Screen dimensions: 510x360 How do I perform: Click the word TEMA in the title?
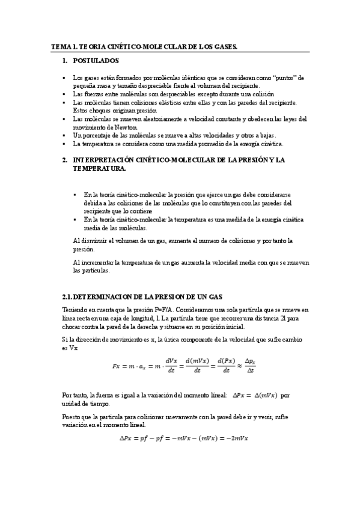tap(61, 46)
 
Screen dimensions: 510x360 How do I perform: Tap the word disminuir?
tap(91, 241)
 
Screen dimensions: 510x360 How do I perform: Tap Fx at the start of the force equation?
tap(117, 366)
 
